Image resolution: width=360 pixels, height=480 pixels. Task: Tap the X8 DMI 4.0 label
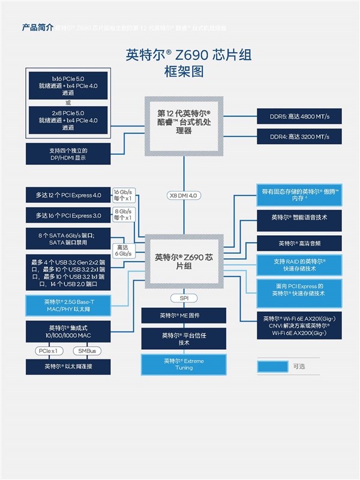(184, 196)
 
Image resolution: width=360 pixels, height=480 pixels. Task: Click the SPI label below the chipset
(184, 298)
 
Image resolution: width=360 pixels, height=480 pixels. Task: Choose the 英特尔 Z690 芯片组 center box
(184, 262)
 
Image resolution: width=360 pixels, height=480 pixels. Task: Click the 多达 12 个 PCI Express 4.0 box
(68, 195)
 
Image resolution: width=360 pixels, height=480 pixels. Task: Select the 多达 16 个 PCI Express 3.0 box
(68, 215)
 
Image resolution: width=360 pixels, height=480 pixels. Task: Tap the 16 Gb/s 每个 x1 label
(122, 196)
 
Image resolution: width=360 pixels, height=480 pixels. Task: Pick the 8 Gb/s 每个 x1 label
(122, 215)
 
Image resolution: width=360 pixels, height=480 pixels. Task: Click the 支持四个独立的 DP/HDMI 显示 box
(68, 154)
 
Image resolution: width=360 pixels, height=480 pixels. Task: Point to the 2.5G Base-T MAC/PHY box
(68, 305)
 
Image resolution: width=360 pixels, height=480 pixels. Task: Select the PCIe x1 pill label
(47, 350)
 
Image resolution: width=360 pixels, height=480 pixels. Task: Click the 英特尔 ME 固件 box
(184, 316)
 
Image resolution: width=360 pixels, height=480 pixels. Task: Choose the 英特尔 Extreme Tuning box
(184, 364)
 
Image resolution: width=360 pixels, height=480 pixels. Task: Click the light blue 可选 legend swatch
(272, 366)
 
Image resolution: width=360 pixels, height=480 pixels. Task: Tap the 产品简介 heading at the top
(38, 27)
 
